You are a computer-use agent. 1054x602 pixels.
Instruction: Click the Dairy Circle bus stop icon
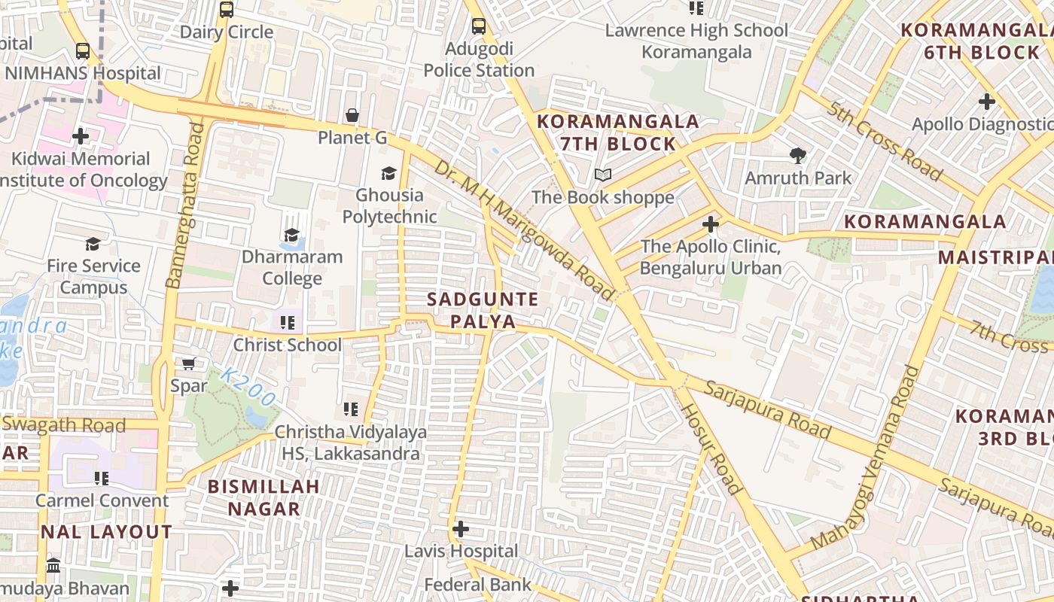pyautogui.click(x=227, y=10)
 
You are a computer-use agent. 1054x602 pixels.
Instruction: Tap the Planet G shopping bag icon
pyautogui.click(x=352, y=115)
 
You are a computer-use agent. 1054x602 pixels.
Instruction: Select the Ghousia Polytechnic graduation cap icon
pyautogui.click(x=388, y=173)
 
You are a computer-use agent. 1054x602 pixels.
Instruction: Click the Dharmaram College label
pyautogui.click(x=292, y=267)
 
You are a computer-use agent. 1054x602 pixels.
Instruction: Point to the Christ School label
pyautogui.click(x=287, y=345)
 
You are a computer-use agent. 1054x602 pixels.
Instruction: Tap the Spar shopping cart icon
pyautogui.click(x=189, y=364)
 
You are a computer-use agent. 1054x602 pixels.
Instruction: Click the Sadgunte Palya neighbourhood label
pyautogui.click(x=483, y=311)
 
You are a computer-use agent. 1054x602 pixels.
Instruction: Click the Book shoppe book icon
pyautogui.click(x=602, y=175)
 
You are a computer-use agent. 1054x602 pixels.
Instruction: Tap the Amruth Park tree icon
pyautogui.click(x=798, y=156)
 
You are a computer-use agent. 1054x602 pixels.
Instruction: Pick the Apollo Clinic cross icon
pyautogui.click(x=710, y=224)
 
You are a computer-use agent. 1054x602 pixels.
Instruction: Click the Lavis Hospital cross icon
pyautogui.click(x=461, y=529)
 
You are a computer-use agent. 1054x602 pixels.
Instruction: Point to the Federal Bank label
pyautogui.click(x=477, y=585)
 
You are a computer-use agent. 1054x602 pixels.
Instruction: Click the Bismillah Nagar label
pyautogui.click(x=263, y=497)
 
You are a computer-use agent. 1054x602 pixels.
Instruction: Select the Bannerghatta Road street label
pyautogui.click(x=185, y=205)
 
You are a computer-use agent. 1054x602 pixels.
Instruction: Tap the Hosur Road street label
pyautogui.click(x=712, y=449)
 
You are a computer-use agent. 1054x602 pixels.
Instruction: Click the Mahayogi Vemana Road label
pyautogui.click(x=867, y=458)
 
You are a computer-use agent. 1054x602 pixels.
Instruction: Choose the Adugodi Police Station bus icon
pyautogui.click(x=479, y=26)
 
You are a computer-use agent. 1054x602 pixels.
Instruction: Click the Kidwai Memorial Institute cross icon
pyautogui.click(x=81, y=136)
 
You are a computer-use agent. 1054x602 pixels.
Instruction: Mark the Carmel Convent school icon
pyautogui.click(x=102, y=478)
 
